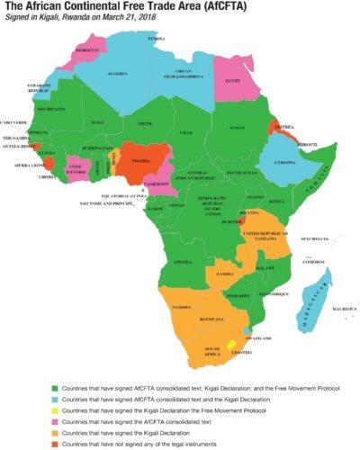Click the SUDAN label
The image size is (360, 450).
tap(237, 128)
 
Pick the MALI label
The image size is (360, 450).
tap(99, 121)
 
